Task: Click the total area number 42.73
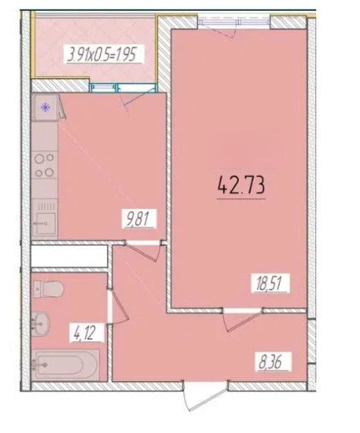[x=241, y=185]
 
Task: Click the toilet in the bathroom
[x=48, y=289]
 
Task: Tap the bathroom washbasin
[x=41, y=324]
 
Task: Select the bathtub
[x=65, y=365]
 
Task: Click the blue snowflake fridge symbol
[x=45, y=107]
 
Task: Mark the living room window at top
[x=234, y=22]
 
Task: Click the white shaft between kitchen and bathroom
[x=69, y=256]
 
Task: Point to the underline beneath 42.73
[x=241, y=199]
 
